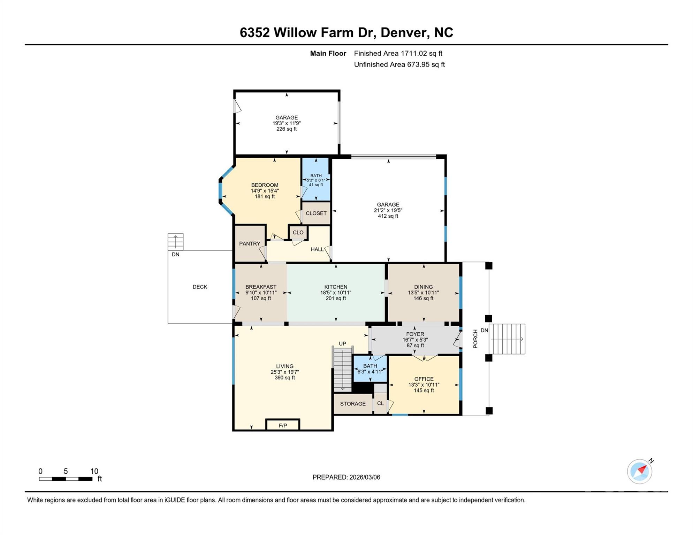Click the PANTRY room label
point(250,244)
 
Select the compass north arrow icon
point(640,471)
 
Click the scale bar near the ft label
point(66,479)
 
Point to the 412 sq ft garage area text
point(388,216)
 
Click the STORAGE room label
point(353,404)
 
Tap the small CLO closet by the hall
point(298,233)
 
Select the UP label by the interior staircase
point(342,344)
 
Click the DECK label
point(200,287)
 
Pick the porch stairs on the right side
point(507,339)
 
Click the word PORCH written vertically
point(475,339)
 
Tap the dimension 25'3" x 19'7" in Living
point(285,372)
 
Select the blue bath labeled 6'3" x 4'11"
point(370,369)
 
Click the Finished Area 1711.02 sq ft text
point(398,53)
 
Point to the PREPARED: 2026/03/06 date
point(346,477)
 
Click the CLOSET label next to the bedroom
point(316,213)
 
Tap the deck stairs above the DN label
point(175,241)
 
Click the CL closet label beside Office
point(380,403)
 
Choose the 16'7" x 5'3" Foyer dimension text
point(415,340)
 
